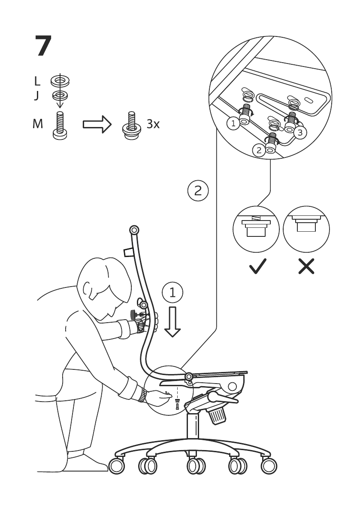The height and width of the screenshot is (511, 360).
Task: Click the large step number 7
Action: pyautogui.click(x=43, y=46)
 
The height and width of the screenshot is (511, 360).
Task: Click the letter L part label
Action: pyautogui.click(x=37, y=81)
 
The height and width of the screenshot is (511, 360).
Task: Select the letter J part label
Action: pyautogui.click(x=36, y=95)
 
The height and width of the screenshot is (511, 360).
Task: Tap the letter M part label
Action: pyautogui.click(x=38, y=124)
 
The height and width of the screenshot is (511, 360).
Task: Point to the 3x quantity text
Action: pyautogui.click(x=153, y=124)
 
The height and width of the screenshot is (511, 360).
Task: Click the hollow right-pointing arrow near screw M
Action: pyautogui.click(x=97, y=124)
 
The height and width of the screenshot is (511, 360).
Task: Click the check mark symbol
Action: pyautogui.click(x=257, y=266)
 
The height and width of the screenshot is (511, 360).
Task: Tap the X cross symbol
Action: pyautogui.click(x=306, y=266)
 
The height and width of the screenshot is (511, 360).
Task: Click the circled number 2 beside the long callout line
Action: pyautogui.click(x=198, y=190)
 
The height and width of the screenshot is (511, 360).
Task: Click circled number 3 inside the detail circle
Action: pyautogui.click(x=299, y=132)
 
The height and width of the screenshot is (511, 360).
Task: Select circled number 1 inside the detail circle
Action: pyautogui.click(x=233, y=124)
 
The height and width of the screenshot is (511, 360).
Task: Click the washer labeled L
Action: pyautogui.click(x=60, y=80)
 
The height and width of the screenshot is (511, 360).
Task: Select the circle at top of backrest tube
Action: pyautogui.click(x=134, y=230)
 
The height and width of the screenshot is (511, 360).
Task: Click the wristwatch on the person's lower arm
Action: pyautogui.click(x=141, y=395)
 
